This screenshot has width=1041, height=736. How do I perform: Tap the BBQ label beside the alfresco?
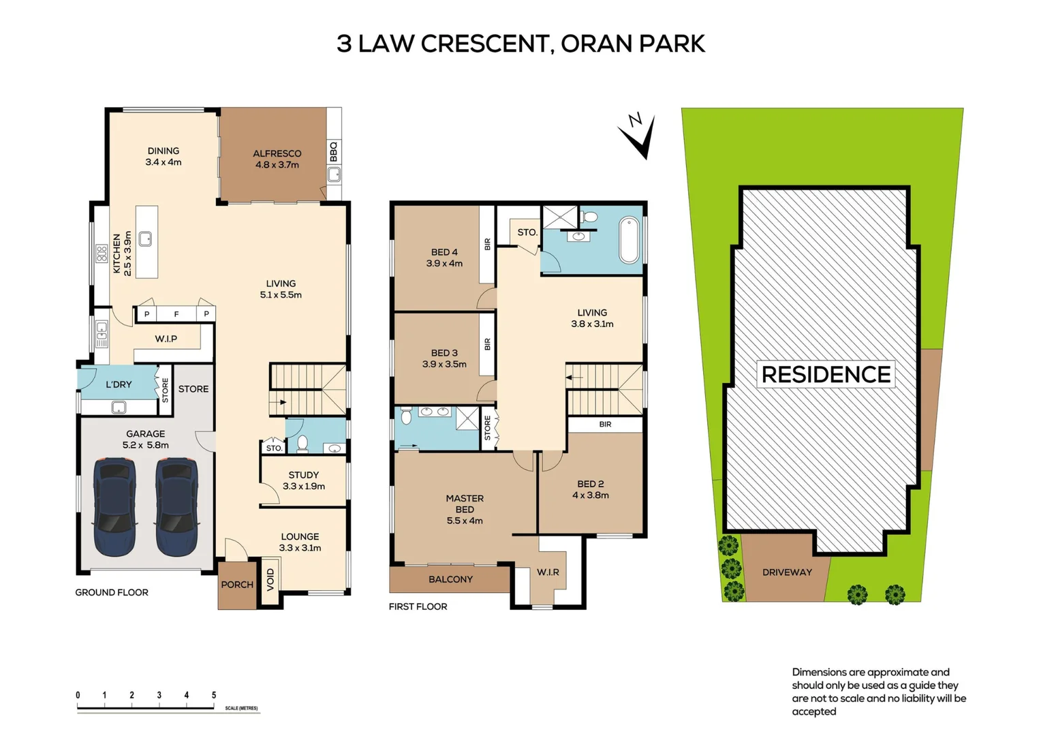[x=334, y=151]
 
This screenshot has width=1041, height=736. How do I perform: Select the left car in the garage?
[x=114, y=506]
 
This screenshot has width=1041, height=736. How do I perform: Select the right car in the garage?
[x=176, y=506]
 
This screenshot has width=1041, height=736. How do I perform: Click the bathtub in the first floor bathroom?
[x=629, y=240]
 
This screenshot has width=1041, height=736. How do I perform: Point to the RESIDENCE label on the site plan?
[x=826, y=375]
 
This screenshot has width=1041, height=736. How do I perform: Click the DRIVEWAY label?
[x=787, y=572]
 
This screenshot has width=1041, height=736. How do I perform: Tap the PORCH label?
[x=237, y=585]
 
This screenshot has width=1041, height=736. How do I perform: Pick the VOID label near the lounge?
[x=270, y=579]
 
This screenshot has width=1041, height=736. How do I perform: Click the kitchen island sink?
[x=145, y=239]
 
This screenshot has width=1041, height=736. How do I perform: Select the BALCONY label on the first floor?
[x=450, y=579]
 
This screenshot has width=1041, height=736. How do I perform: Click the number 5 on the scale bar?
[x=214, y=695]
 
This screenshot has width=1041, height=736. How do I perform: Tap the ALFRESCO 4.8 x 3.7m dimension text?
[x=277, y=165]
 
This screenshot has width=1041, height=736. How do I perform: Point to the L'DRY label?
[x=119, y=384]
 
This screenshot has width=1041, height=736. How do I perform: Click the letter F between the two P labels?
[x=176, y=314]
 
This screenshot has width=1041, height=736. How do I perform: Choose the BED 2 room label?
[x=590, y=484]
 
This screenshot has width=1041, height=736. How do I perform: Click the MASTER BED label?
[x=465, y=504]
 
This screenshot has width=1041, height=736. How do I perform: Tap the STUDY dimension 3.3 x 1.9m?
[x=304, y=487]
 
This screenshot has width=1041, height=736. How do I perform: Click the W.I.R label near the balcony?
[x=548, y=572]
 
